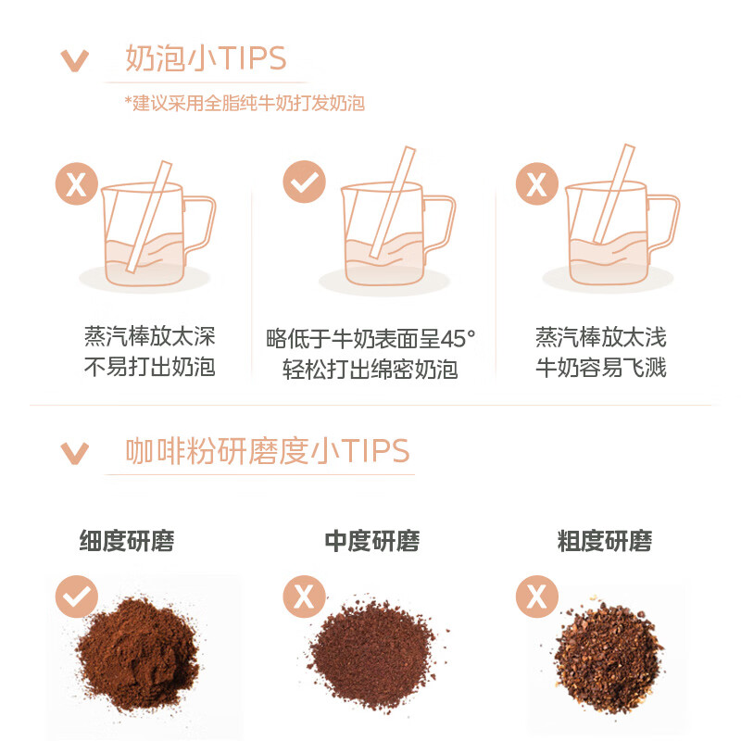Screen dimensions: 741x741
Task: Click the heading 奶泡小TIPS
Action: coord(206,58)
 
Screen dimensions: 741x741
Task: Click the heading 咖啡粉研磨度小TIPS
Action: coord(267,451)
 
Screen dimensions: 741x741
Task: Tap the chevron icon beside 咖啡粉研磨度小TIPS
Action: coord(74,453)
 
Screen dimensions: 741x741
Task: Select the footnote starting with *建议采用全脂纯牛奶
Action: coord(245,103)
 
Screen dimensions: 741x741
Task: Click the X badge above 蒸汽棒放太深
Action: coord(77,183)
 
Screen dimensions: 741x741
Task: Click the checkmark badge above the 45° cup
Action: coord(303,182)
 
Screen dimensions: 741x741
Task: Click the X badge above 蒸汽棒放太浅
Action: coord(536,183)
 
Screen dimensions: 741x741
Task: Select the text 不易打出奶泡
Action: coord(149,368)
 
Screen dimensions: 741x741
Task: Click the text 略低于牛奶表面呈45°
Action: coord(370,338)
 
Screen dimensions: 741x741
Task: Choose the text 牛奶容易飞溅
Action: coord(600,368)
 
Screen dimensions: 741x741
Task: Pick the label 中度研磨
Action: coord(371,541)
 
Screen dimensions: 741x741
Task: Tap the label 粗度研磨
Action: coord(604,541)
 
